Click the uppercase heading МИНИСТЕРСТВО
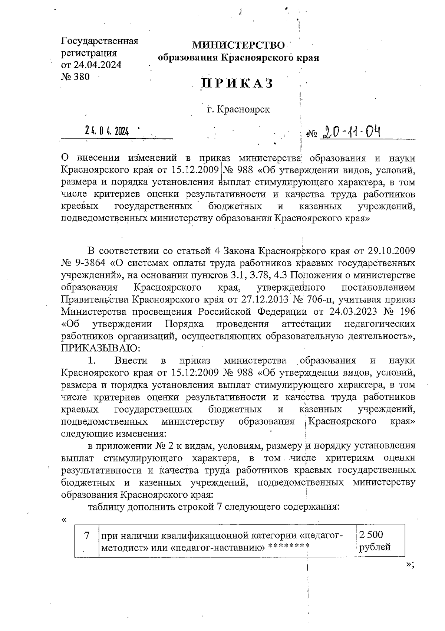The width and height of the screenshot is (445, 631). point(238,46)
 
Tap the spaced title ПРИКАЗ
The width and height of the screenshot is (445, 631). point(237,84)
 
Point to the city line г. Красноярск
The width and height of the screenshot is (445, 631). point(238,109)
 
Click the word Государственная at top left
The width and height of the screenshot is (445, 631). point(99,41)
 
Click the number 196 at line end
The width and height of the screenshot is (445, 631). point(406,311)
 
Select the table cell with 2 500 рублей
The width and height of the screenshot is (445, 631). point(380,541)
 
